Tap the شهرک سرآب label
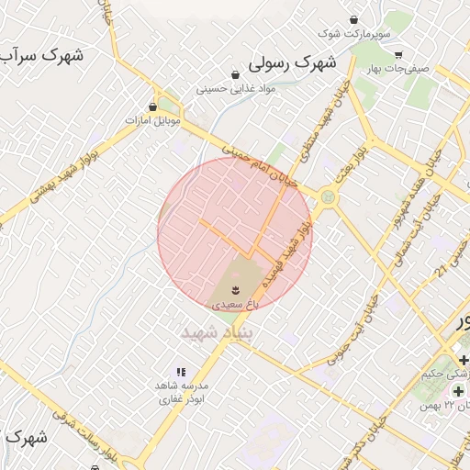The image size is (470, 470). [40, 56]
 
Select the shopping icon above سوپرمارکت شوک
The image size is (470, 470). [354, 20]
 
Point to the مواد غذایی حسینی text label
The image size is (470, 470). [236, 89]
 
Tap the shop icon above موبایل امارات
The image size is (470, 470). [153, 106]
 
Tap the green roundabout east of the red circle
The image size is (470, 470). [327, 196]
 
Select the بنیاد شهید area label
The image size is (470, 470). [217, 330]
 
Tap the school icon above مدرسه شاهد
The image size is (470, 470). [181, 372]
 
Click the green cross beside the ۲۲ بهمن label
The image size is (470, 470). [458, 392]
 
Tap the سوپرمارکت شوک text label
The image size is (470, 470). [354, 34]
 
